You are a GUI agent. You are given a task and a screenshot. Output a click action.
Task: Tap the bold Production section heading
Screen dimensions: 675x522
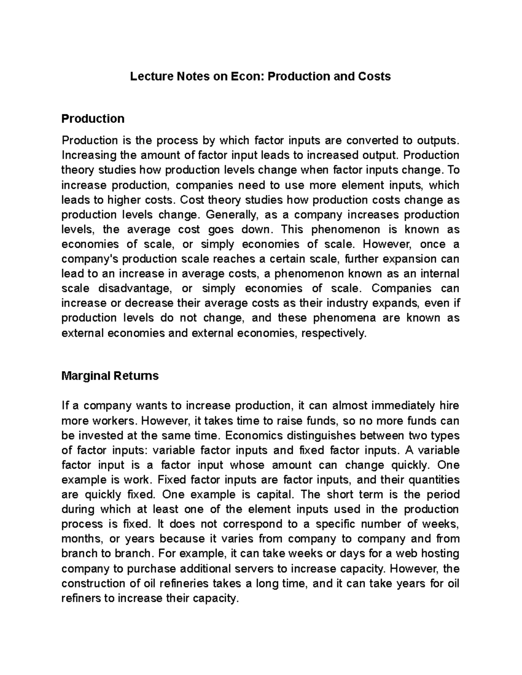point(93,119)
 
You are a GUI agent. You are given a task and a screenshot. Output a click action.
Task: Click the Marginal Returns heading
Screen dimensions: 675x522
point(110,376)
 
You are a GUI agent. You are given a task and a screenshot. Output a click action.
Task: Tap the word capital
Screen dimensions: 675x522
point(273,495)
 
